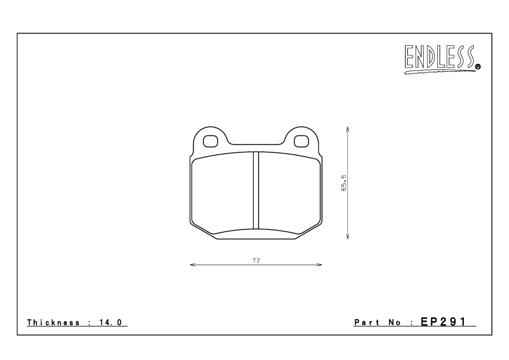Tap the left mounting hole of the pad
[x=210, y=141]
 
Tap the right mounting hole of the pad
[x=302, y=141]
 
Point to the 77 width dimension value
[x=256, y=259]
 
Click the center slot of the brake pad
[x=256, y=191]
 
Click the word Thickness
[x=52, y=322]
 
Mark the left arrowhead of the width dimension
[x=192, y=265]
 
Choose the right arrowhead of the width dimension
[x=320, y=265]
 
